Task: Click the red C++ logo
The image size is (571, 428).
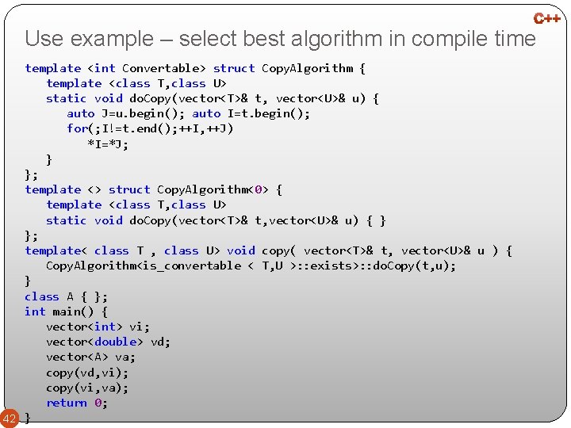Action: pos(546,17)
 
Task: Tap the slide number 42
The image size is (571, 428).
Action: pos(10,418)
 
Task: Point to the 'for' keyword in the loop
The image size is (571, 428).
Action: pos(77,128)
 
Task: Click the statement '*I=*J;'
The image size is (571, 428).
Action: pos(108,144)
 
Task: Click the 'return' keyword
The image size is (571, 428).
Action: pos(67,403)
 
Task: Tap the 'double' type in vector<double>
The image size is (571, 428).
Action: pos(115,342)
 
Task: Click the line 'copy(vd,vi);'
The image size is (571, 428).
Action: pos(87,373)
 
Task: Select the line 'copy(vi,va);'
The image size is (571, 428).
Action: pos(87,388)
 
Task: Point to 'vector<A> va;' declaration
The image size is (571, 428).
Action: pos(90,357)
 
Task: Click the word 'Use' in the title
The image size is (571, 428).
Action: pos(44,38)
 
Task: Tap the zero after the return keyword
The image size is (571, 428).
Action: pos(98,403)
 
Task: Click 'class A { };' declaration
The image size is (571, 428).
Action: pos(66,296)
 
